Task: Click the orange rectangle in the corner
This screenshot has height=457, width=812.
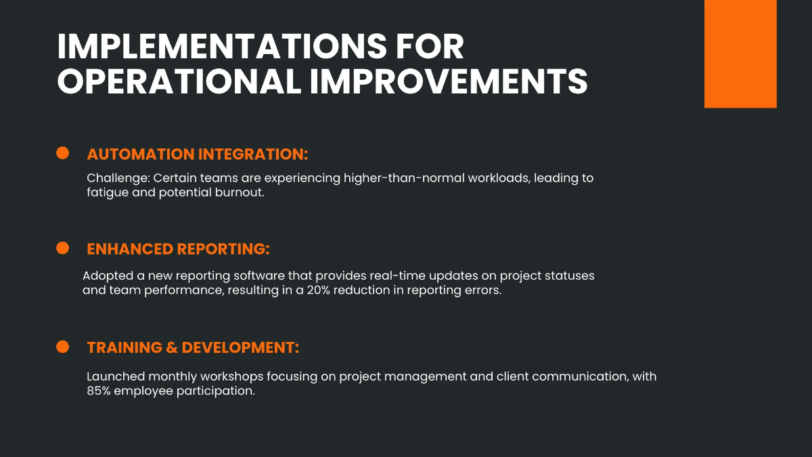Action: (740, 53)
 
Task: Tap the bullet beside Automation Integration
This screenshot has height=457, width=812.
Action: (63, 154)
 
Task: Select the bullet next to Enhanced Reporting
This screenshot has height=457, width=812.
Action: (63, 248)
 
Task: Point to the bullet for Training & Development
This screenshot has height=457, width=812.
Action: (63, 347)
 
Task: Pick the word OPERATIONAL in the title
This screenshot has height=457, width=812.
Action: (179, 82)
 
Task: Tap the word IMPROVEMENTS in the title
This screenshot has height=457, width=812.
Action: (449, 82)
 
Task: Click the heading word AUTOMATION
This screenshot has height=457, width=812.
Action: (140, 154)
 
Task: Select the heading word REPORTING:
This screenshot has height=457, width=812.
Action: (223, 249)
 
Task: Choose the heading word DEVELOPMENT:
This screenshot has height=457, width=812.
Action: (240, 348)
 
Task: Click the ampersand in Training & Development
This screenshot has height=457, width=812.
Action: (172, 348)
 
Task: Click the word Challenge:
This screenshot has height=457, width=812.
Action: (118, 179)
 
